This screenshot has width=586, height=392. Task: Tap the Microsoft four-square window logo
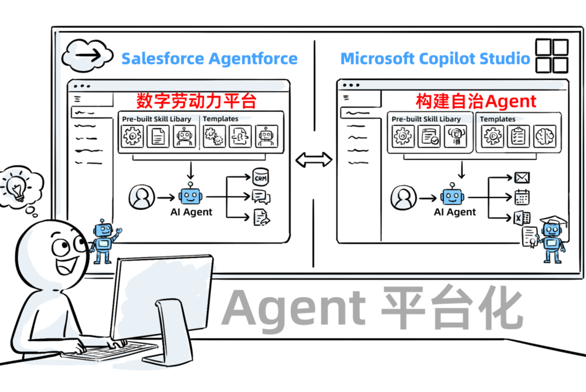click(x=552, y=56)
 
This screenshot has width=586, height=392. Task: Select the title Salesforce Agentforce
click(x=209, y=59)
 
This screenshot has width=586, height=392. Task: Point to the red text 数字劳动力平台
click(x=196, y=101)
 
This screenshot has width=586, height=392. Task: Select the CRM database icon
click(x=260, y=175)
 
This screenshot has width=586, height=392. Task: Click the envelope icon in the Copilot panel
click(x=522, y=177)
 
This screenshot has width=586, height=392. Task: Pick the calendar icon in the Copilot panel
click(x=522, y=197)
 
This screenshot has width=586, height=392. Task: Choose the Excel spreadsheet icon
click(x=522, y=219)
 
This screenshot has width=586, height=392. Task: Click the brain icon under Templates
click(x=544, y=137)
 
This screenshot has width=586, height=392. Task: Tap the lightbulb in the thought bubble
click(x=17, y=187)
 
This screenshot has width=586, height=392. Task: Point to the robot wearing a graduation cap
click(x=551, y=237)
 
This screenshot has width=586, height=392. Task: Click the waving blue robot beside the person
click(x=104, y=241)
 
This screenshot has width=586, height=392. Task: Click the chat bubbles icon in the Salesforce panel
click(x=260, y=197)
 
